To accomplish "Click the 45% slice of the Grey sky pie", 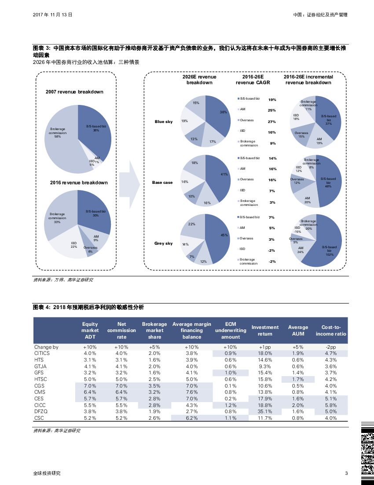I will [218, 238].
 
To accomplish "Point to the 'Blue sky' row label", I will [164, 122].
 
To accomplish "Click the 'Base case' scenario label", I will [162, 183].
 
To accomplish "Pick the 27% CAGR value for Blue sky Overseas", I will [272, 122].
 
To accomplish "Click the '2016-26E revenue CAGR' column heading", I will [253, 80].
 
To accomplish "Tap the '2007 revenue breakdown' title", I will [74, 92].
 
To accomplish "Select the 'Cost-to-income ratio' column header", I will [331, 330].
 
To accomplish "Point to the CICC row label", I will [40, 405].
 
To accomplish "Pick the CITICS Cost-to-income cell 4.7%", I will [331, 353].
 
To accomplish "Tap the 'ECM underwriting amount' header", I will [231, 330].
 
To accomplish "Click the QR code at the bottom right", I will [367, 452].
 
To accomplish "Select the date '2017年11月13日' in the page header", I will [53, 15].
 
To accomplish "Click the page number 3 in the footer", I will [346, 474].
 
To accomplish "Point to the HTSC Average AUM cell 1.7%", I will [298, 379].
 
